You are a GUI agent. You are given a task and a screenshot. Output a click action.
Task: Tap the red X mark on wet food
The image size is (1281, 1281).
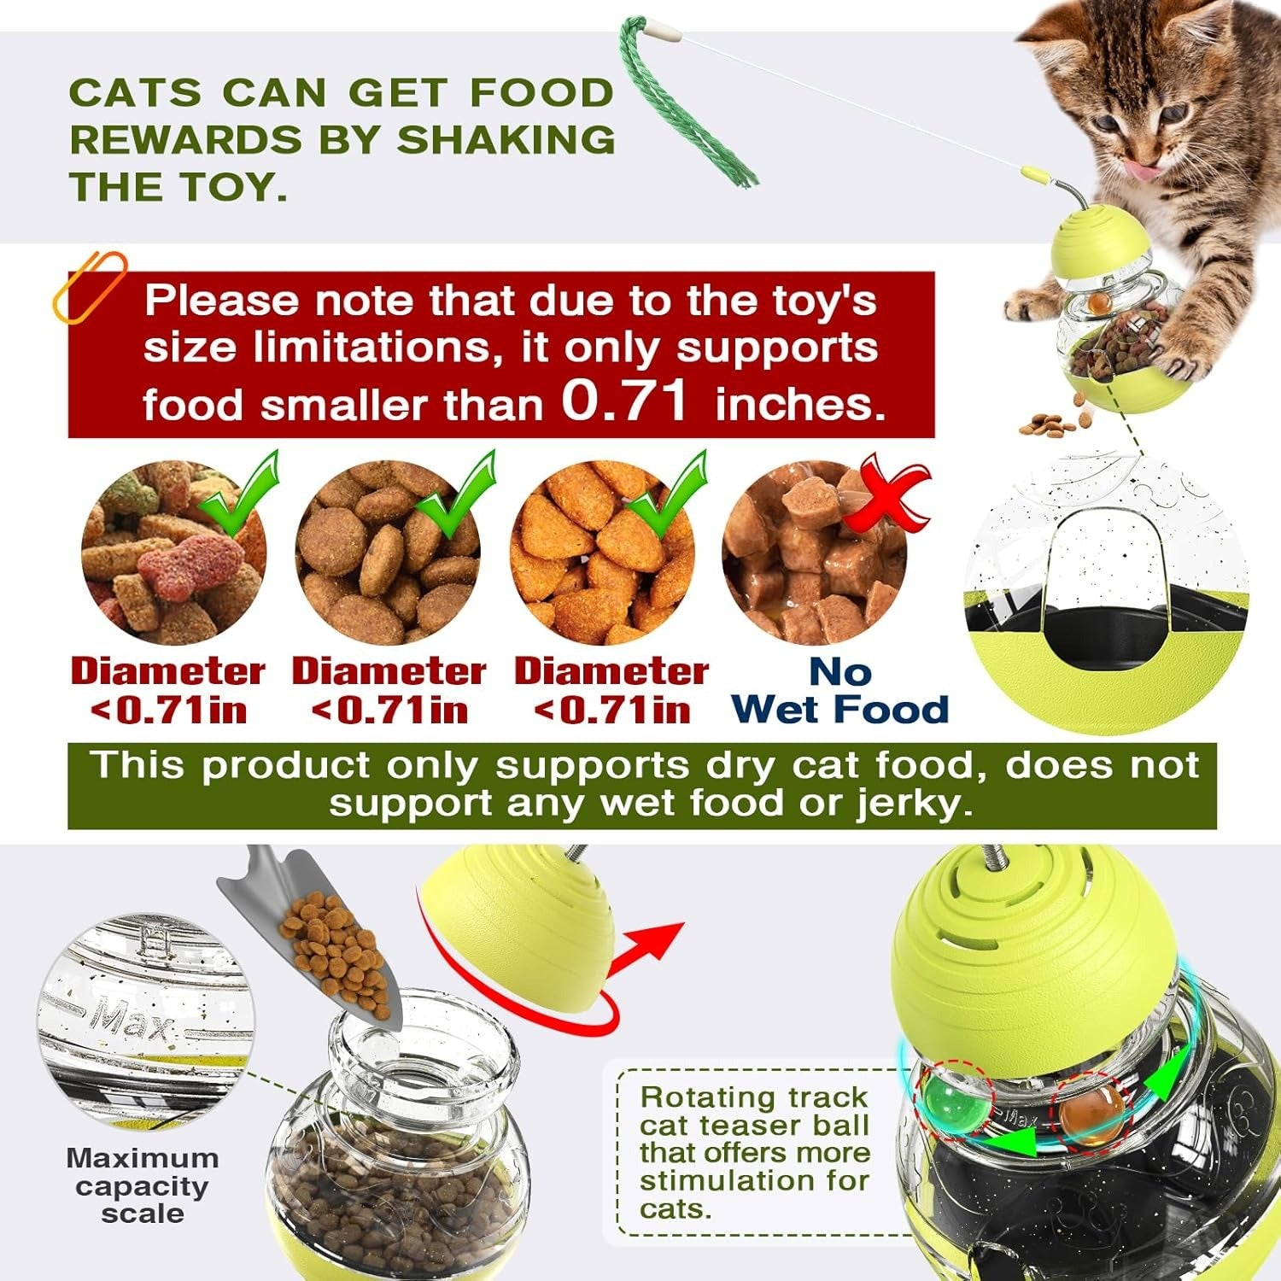click(x=888, y=495)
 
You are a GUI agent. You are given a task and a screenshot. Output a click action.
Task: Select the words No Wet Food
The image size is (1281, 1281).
click(x=840, y=691)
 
